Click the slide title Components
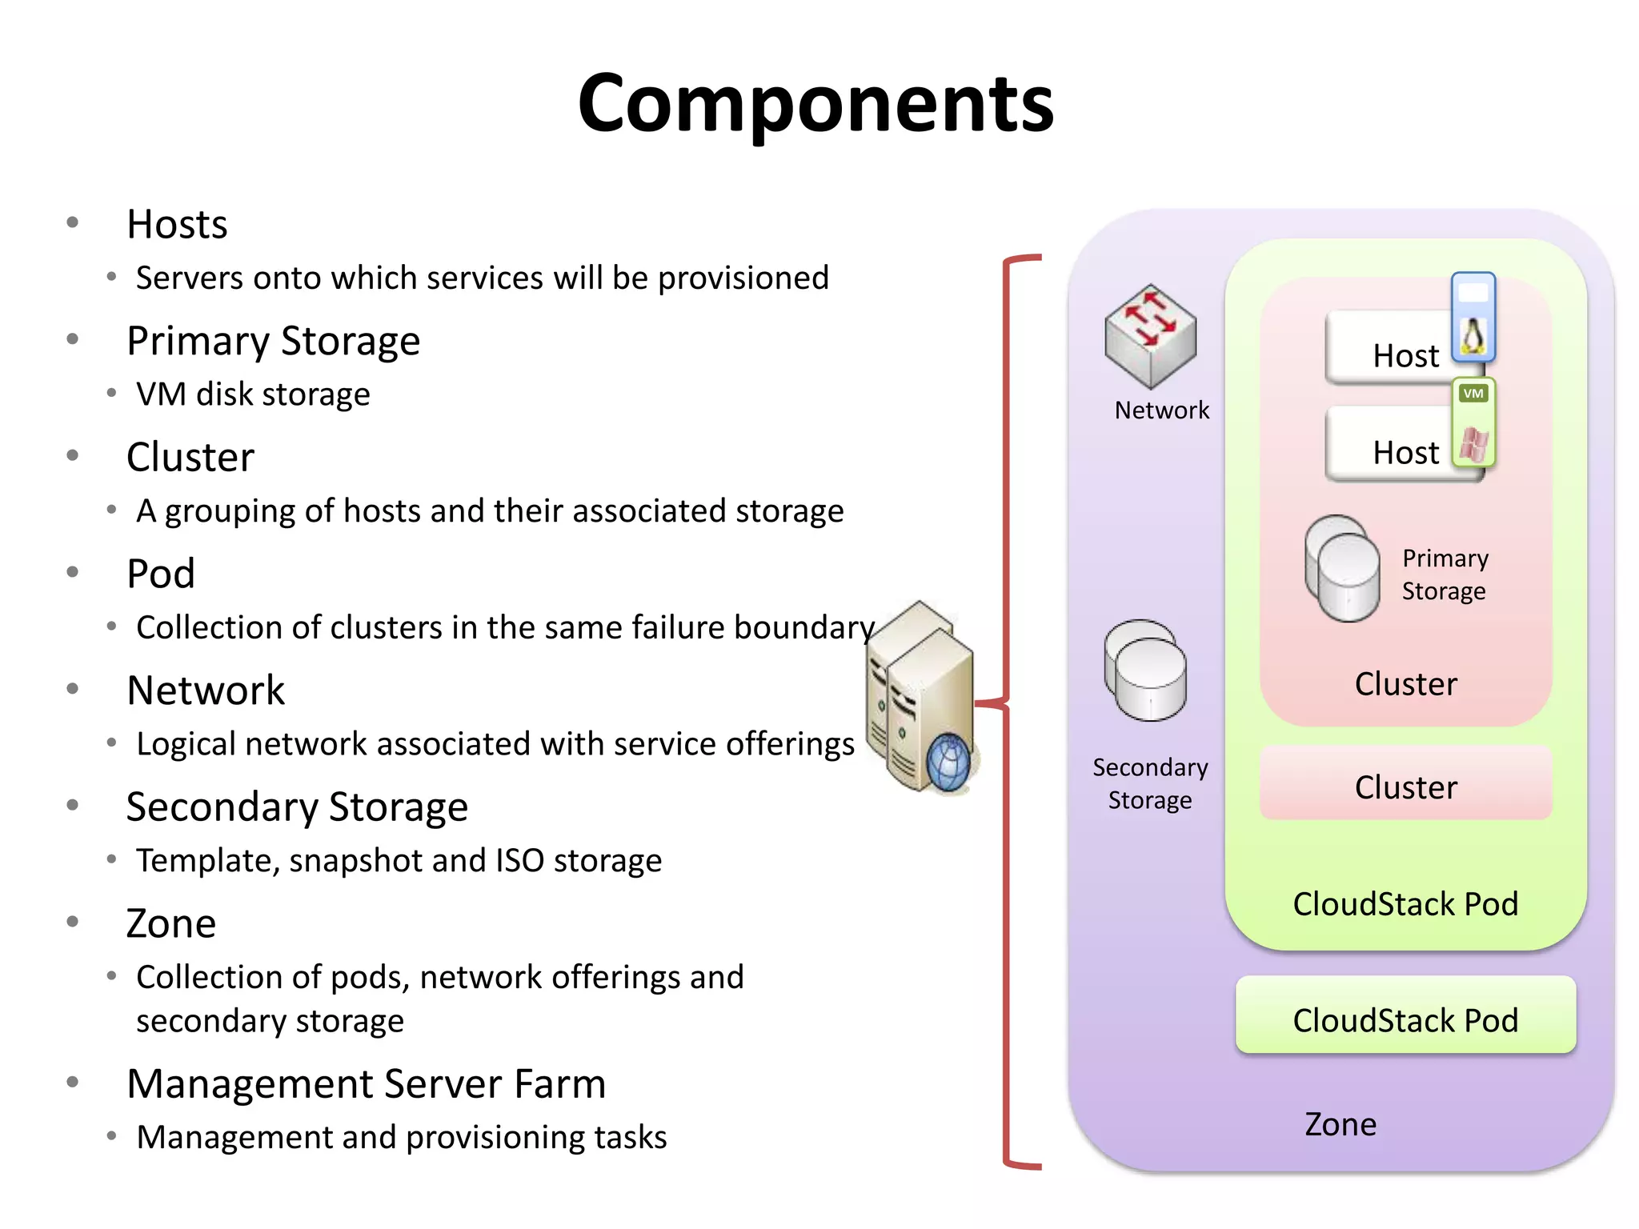[x=815, y=103]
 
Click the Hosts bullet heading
[x=177, y=224]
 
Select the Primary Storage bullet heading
[x=273, y=341]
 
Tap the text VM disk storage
[x=253, y=394]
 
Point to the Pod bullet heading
[x=161, y=574]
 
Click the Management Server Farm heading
[x=366, y=1084]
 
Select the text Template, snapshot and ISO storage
[x=399, y=861]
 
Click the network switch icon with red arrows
[x=1150, y=334]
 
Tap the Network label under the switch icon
[x=1161, y=410]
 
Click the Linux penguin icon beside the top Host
[x=1473, y=336]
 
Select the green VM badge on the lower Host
[x=1473, y=394]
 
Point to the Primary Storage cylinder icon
[x=1342, y=568]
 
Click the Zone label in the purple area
[x=1340, y=1124]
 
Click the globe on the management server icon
[x=949, y=763]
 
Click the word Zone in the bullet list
[x=171, y=924]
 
